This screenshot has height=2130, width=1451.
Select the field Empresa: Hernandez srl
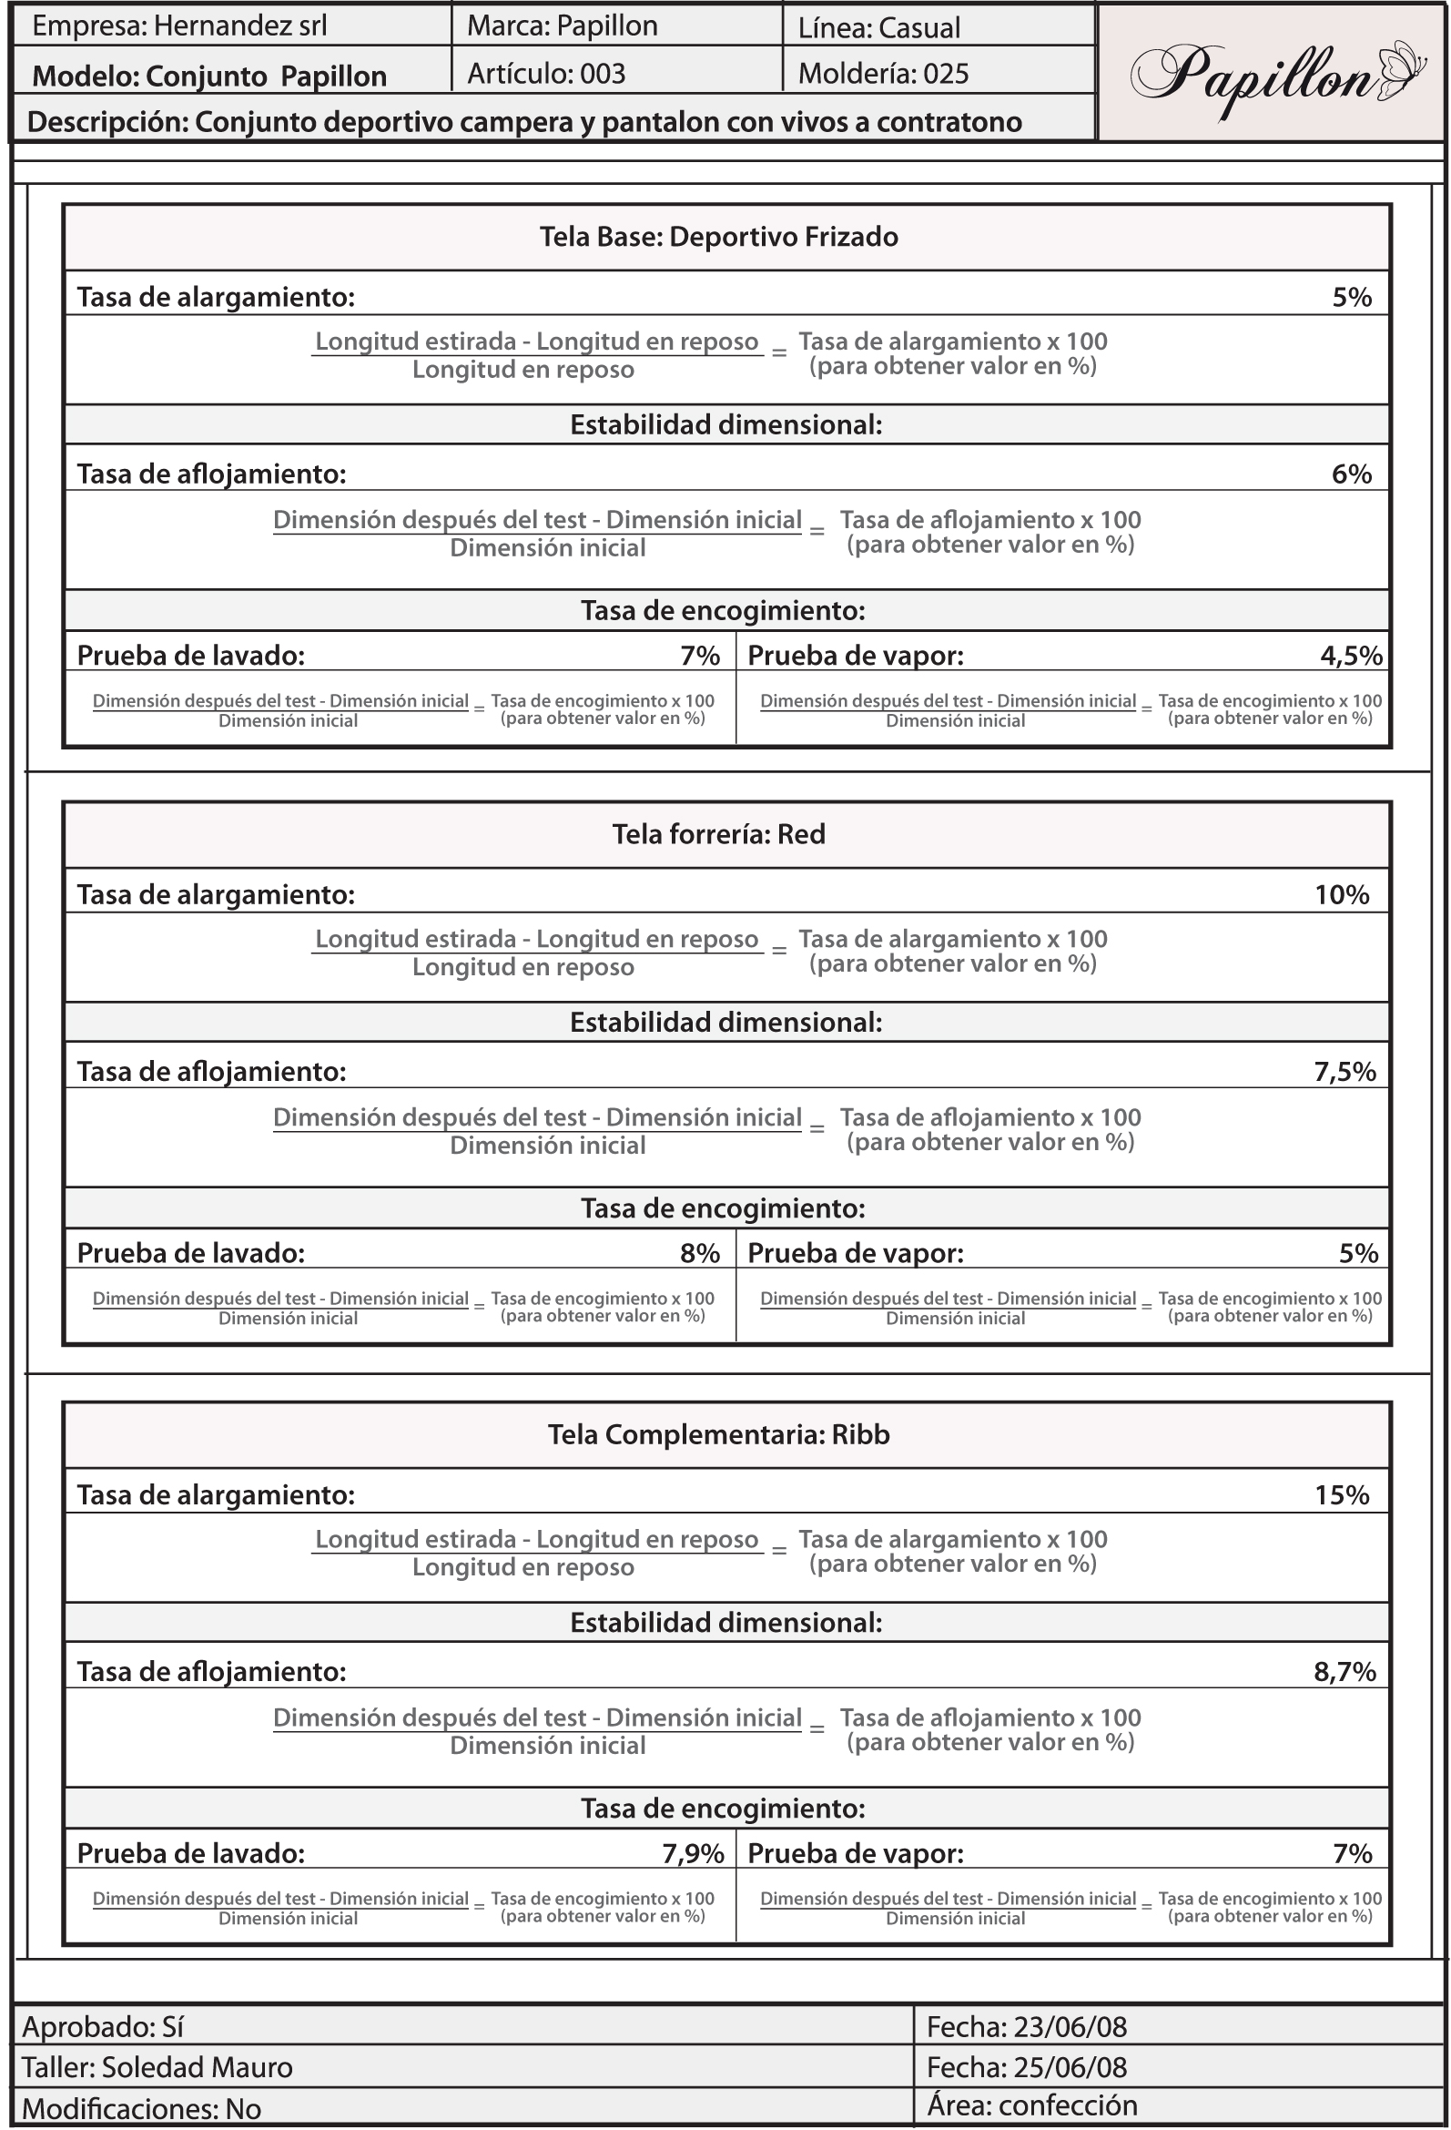pos(179,25)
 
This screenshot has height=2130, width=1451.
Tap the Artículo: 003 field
pos(546,74)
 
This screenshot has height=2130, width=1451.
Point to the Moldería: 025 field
pos(883,74)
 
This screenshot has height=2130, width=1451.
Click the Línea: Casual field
pos(878,27)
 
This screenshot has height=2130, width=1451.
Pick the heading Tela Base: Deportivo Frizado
pos(719,238)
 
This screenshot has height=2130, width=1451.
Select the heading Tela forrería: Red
pos(719,834)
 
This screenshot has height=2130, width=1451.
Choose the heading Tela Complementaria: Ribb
pos(719,1434)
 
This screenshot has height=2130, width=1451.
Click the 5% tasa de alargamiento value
pos(1351,297)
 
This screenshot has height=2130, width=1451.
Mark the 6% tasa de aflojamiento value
pos(1351,474)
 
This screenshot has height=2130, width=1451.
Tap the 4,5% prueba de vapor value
pos(1351,656)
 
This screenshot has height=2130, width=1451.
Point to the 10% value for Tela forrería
pos(1342,894)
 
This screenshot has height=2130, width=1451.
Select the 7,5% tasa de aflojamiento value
pos(1344,1072)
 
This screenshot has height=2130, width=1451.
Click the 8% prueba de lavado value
pos(700,1253)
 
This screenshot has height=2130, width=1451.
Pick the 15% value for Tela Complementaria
pos(1342,1495)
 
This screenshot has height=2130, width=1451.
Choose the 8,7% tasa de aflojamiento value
pos(1344,1672)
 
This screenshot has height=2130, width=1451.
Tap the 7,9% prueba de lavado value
pos(694,1853)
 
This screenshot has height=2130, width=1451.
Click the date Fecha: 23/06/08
pos(1027,2026)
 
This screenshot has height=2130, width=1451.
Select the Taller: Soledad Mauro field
pos(157,2067)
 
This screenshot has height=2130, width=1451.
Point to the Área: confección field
pos(1032,2105)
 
